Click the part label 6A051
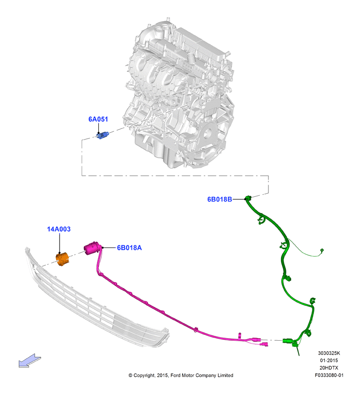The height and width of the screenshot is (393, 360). click(x=98, y=119)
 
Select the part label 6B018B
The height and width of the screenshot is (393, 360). click(x=219, y=199)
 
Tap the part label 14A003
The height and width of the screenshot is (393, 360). click(x=59, y=229)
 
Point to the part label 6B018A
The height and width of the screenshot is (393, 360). click(x=129, y=248)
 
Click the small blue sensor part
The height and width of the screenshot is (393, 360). click(x=103, y=135)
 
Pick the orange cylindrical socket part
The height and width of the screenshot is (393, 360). click(x=62, y=259)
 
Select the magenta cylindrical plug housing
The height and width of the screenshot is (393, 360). click(x=92, y=248)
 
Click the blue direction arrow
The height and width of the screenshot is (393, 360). click(x=30, y=361)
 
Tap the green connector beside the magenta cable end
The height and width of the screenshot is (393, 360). click(x=287, y=341)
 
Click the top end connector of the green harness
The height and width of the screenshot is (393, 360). click(x=248, y=198)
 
